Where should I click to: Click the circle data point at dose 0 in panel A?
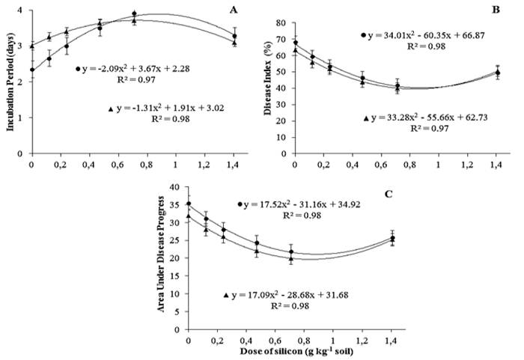pyautogui.click(x=31, y=70)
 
